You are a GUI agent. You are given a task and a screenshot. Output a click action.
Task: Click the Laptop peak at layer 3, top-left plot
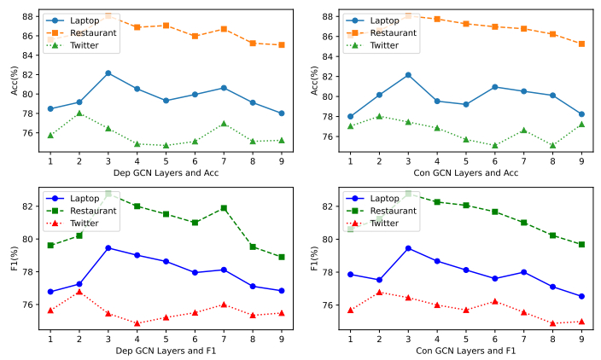pos(108,73)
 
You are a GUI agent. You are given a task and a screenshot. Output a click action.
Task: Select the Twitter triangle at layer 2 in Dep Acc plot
pos(79,113)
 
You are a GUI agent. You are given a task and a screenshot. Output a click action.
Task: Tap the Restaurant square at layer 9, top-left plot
pos(282,44)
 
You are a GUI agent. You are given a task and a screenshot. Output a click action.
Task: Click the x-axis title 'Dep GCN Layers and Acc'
pos(166,172)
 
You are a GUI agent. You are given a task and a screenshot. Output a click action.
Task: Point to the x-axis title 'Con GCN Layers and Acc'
pos(465,172)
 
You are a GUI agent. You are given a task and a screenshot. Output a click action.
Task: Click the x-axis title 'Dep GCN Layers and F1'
pos(166,350)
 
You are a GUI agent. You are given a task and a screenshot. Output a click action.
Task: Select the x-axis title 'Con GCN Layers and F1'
pos(465,350)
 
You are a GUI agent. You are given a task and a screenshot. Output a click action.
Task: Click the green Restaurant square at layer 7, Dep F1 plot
pos(224,208)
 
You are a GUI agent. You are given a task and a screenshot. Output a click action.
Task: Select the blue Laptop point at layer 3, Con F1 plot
pos(408,248)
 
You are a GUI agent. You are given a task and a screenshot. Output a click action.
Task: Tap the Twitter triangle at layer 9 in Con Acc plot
pos(581,125)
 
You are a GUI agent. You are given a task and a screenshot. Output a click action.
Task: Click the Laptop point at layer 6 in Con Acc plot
pos(495,87)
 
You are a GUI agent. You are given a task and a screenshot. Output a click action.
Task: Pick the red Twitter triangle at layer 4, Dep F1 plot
pos(137,323)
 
